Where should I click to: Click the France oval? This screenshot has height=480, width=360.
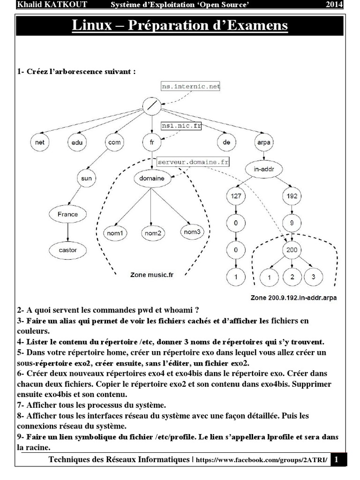(68, 214)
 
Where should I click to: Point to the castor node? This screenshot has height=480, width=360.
(68, 250)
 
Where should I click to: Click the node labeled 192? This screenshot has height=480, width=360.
(292, 197)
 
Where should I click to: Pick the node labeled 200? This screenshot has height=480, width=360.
(292, 250)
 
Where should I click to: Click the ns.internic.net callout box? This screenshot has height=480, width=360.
(190, 86)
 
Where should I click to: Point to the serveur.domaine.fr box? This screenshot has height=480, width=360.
(193, 161)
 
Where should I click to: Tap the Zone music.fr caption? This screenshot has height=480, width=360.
(151, 276)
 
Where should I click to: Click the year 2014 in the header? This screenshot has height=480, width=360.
(334, 5)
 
